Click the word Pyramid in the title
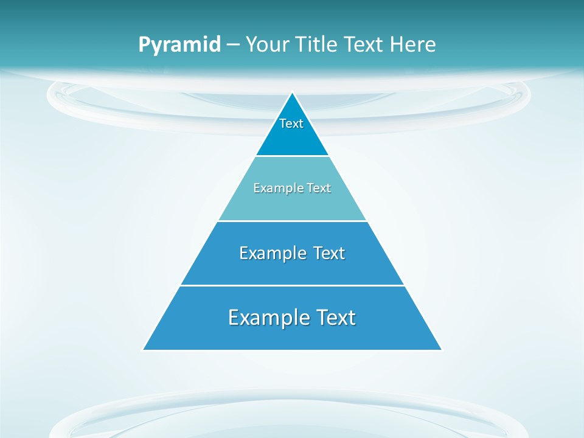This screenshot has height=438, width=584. (x=179, y=45)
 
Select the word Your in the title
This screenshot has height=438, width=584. (x=266, y=45)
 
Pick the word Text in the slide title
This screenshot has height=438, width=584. (x=364, y=45)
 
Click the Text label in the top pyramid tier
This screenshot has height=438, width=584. (x=291, y=123)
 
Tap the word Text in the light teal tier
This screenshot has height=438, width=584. (x=317, y=188)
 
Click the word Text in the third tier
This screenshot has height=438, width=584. (x=328, y=253)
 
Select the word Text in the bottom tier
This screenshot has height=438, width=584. (x=335, y=318)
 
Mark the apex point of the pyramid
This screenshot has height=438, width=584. (x=293, y=93)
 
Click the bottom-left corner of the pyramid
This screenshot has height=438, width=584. (x=144, y=350)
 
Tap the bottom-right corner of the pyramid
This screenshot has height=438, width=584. (x=442, y=350)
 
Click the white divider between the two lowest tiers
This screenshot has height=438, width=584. (x=292, y=285)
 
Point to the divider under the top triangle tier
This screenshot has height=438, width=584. (x=292, y=156)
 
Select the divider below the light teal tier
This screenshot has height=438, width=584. (x=292, y=221)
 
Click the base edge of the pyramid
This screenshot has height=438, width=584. (x=292, y=350)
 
